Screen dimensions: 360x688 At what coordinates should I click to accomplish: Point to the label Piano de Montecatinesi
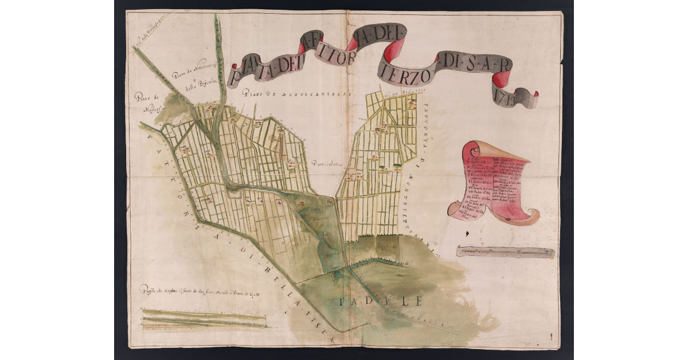pos(287,94)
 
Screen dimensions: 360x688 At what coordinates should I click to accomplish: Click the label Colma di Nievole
pos(313,218)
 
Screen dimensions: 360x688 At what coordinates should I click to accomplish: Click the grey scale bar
pos(505,252)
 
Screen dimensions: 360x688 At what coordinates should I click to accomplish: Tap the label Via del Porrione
pos(397,91)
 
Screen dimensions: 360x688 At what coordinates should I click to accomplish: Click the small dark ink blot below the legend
pos(467,233)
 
